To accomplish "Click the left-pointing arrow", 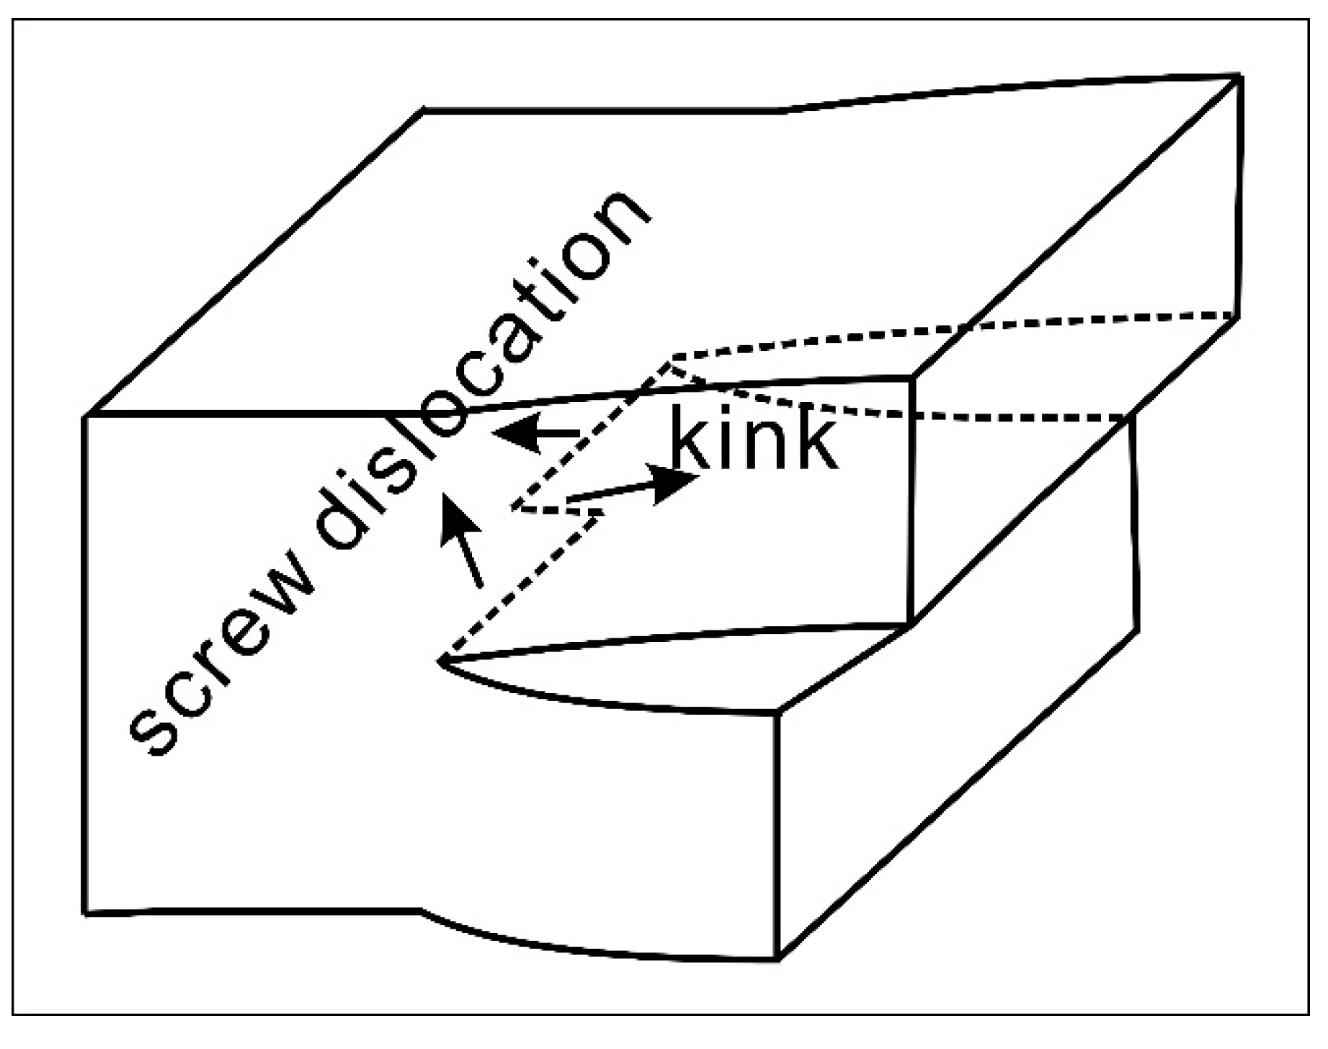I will click(x=537, y=433).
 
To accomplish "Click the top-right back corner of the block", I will click(x=1240, y=76).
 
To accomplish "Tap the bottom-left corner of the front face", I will click(x=86, y=914).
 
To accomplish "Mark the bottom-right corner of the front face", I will click(x=778, y=959).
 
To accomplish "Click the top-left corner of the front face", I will click(x=86, y=416).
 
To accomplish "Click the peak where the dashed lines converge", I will click(x=670, y=358).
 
